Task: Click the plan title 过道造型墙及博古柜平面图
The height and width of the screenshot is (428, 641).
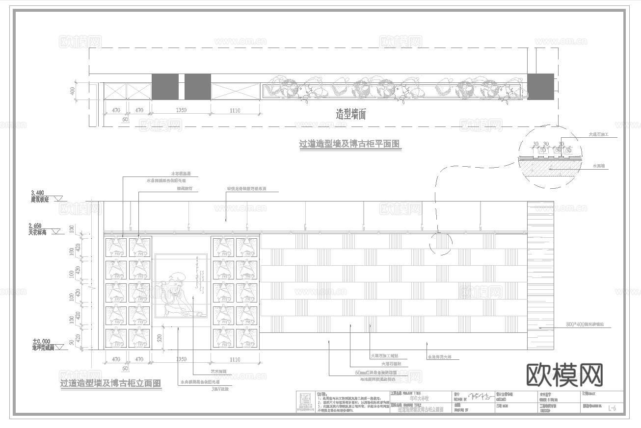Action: (x=349, y=144)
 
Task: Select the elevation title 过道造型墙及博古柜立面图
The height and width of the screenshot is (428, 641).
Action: (x=111, y=383)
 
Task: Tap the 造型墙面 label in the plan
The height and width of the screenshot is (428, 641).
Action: (x=350, y=115)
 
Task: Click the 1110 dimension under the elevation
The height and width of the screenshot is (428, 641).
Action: (x=235, y=359)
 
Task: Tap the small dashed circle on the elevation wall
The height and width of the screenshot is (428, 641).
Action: (x=440, y=243)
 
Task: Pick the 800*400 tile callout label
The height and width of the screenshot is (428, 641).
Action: (x=584, y=325)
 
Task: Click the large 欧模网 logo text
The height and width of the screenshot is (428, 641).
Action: (x=564, y=375)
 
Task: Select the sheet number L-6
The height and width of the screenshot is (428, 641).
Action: (x=612, y=407)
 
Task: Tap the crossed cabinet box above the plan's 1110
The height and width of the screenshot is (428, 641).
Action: (x=236, y=91)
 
